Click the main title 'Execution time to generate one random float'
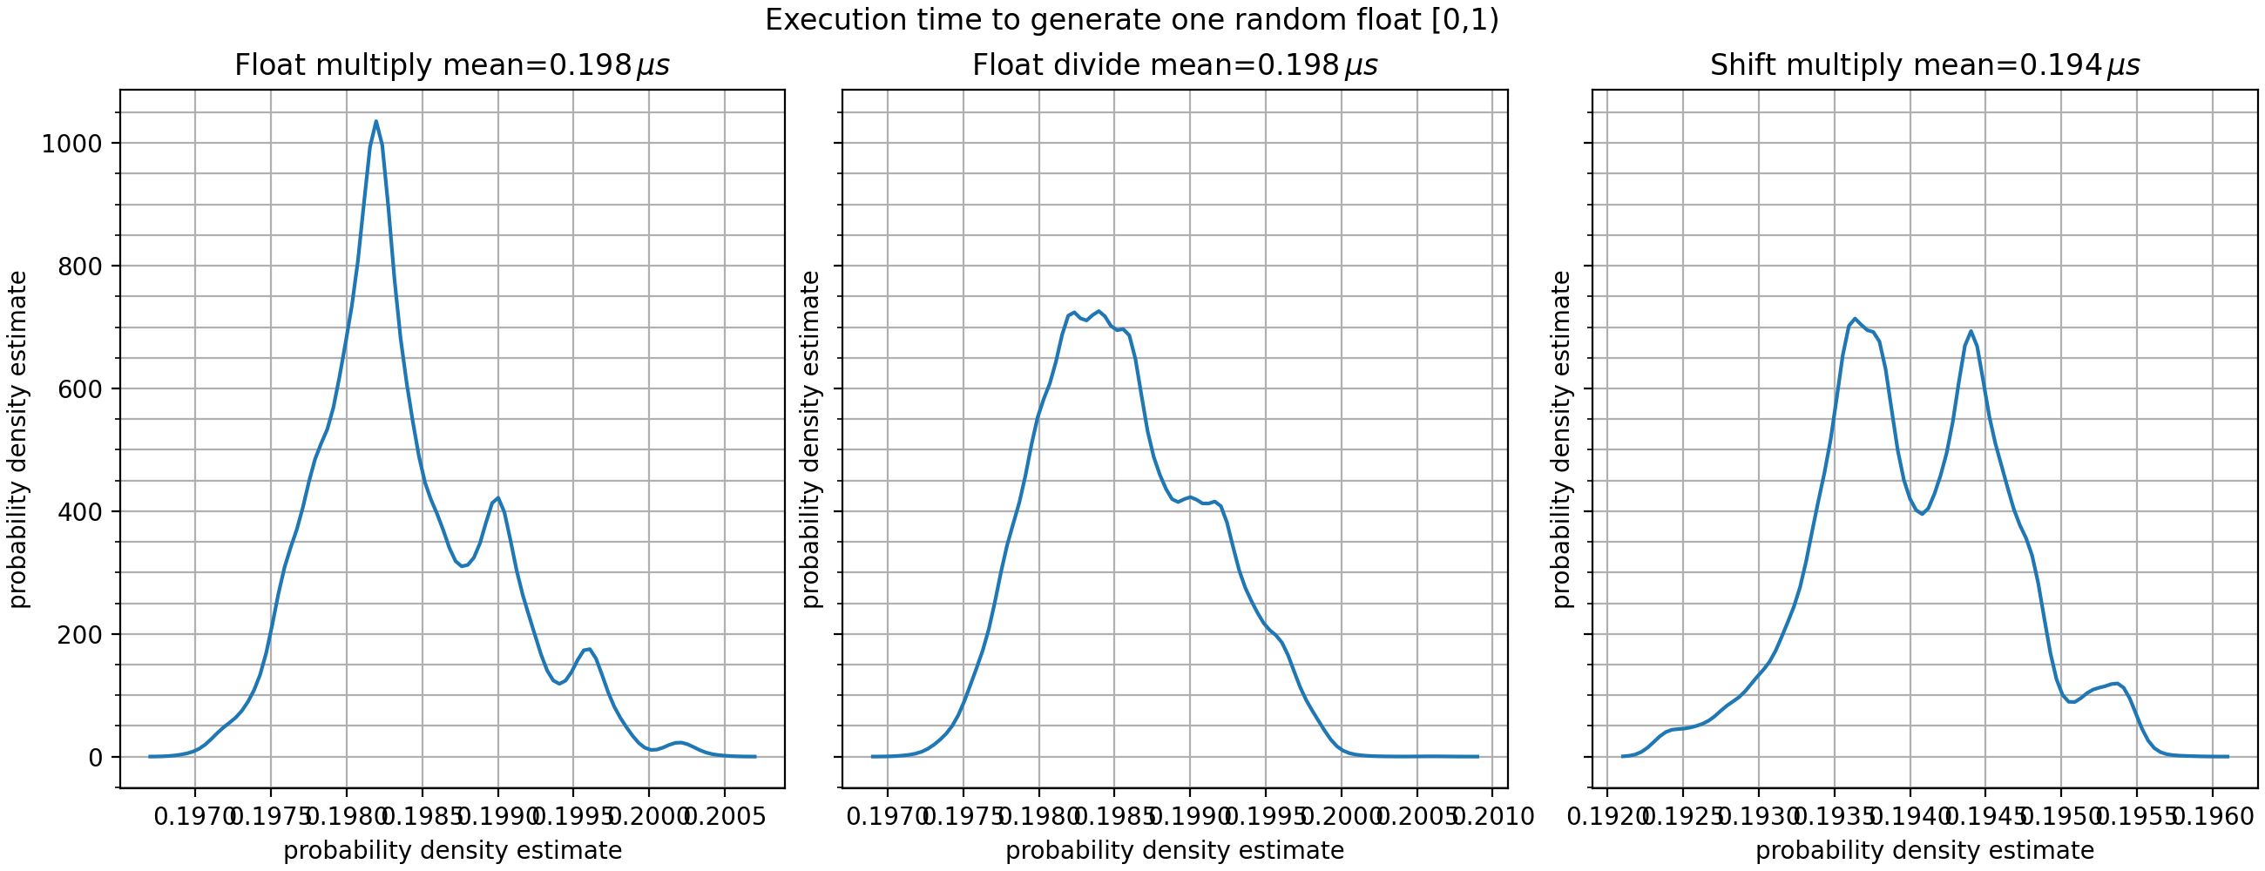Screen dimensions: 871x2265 coord(1132,20)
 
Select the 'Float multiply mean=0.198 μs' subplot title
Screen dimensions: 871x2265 coord(452,66)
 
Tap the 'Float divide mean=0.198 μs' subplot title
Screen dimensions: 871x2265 coord(1174,66)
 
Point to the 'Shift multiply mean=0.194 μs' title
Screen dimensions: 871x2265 coord(1924,66)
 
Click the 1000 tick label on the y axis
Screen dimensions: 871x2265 coord(72,144)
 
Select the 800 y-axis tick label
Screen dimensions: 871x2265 coord(80,267)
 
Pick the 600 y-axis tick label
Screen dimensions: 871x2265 coord(80,389)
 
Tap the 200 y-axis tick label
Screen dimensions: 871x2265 coord(80,636)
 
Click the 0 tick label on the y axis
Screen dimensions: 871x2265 coord(96,759)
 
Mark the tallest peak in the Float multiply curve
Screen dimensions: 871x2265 coord(376,122)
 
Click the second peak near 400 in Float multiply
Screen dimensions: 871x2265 coord(497,498)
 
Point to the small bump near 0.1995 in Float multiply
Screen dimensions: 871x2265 coord(588,650)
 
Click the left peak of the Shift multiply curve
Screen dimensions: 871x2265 coord(1855,319)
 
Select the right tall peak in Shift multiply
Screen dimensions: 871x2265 coord(1971,331)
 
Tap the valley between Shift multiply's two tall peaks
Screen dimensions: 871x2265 coord(1922,513)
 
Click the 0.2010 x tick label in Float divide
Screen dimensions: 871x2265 coord(1493,817)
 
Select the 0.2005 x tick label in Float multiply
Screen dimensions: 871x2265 coord(725,817)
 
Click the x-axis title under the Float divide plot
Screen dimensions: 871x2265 coord(1174,851)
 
